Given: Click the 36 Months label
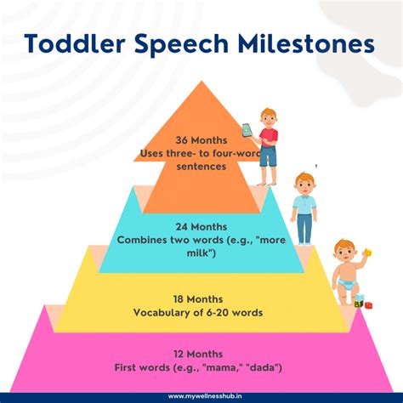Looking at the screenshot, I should [x=201, y=139].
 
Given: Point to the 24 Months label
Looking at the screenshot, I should [x=201, y=228].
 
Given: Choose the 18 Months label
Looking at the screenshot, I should [x=201, y=299].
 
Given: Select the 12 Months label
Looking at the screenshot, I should [x=201, y=354].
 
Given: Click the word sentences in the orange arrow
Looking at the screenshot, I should [x=201, y=167].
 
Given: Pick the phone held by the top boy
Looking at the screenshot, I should [x=247, y=130].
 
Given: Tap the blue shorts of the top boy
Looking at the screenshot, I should [x=269, y=156].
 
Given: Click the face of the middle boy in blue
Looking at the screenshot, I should [x=304, y=184].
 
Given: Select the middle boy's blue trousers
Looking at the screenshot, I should [x=304, y=228].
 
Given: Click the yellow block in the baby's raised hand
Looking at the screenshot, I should [x=367, y=252].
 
